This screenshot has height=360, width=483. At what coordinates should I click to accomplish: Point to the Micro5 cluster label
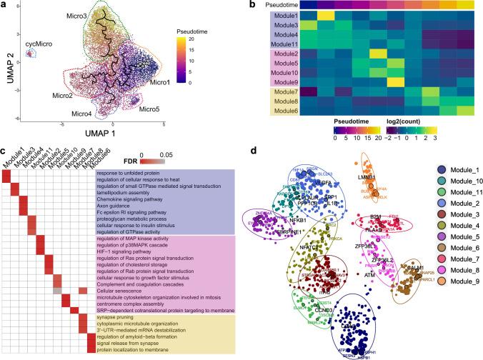click(149, 109)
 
